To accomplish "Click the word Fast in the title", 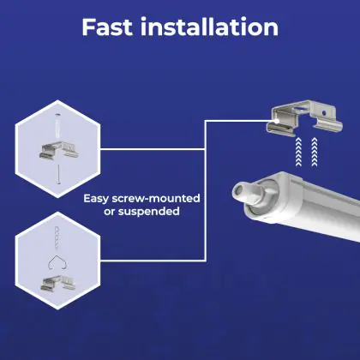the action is [x=107, y=27].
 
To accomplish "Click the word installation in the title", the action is [x=209, y=27].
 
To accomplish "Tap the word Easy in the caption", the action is [x=96, y=199].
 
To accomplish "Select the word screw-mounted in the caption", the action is [x=156, y=198].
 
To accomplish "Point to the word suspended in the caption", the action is [x=149, y=212].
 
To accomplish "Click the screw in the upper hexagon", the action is [x=57, y=124].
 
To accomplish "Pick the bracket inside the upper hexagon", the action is [x=58, y=151].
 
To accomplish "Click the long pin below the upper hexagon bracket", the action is [x=59, y=174].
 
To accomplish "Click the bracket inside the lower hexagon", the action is [x=58, y=283].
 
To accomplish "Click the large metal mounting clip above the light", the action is [x=304, y=118].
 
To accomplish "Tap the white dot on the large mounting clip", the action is [x=277, y=121].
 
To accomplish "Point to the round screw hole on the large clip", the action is [x=324, y=113].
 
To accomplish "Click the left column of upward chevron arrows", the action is [x=298, y=152].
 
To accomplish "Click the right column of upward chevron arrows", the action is [x=315, y=152].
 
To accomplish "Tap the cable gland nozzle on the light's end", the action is [x=243, y=194].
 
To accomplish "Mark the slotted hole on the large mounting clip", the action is [x=301, y=109].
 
